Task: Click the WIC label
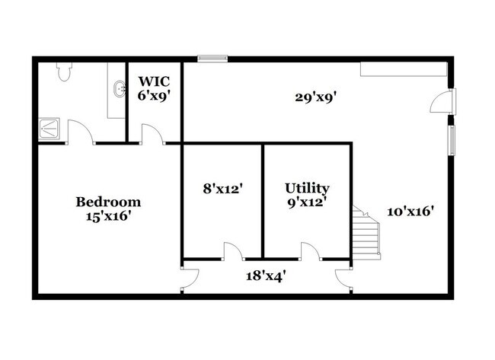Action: click(x=153, y=80)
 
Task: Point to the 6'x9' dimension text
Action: click(x=153, y=96)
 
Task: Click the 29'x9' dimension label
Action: click(x=316, y=97)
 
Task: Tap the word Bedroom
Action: click(x=109, y=202)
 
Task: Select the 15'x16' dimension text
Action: click(x=109, y=216)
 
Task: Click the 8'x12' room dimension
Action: click(x=222, y=186)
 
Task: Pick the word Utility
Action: click(x=307, y=188)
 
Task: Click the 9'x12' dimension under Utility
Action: click(x=307, y=202)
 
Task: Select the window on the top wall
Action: click(x=212, y=57)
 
